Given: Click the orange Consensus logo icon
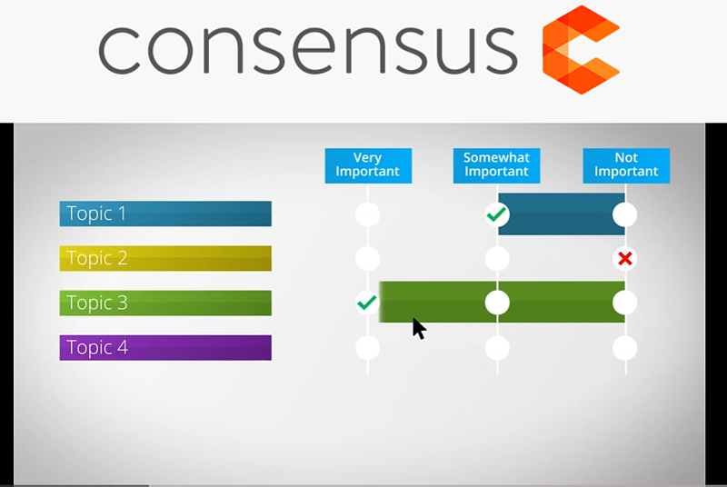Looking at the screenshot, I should point(581,50).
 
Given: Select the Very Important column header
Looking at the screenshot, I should point(368,164).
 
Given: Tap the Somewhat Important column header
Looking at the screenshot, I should point(496,164).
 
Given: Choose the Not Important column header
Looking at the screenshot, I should point(626,164).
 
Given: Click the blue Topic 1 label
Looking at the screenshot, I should point(165,214).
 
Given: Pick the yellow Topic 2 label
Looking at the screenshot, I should point(165,258).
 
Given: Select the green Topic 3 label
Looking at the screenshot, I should point(165,303).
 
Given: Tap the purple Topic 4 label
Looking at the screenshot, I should point(165,347).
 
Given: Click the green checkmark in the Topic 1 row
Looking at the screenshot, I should point(496,214).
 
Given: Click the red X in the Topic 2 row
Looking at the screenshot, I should point(624,259).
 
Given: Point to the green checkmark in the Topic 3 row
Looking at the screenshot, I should point(367,303).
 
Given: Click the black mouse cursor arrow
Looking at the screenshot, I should point(418,327).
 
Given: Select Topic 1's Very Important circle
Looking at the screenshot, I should point(367,215).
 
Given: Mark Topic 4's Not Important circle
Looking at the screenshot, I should point(624,348).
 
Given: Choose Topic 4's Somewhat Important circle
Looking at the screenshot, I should point(497,348).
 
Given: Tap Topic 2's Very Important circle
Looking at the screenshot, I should point(367,259).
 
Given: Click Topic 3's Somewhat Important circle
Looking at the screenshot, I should point(497,303).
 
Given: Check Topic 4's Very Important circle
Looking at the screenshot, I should point(367,348).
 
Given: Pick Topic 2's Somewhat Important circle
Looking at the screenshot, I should point(497,259).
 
